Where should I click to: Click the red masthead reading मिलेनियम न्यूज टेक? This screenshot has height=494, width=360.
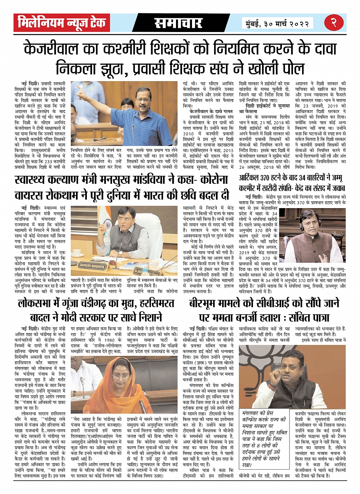[x=62, y=23]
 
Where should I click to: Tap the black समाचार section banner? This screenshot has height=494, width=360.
[x=178, y=23]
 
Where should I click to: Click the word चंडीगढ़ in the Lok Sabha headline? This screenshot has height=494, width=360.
[x=100, y=303]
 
